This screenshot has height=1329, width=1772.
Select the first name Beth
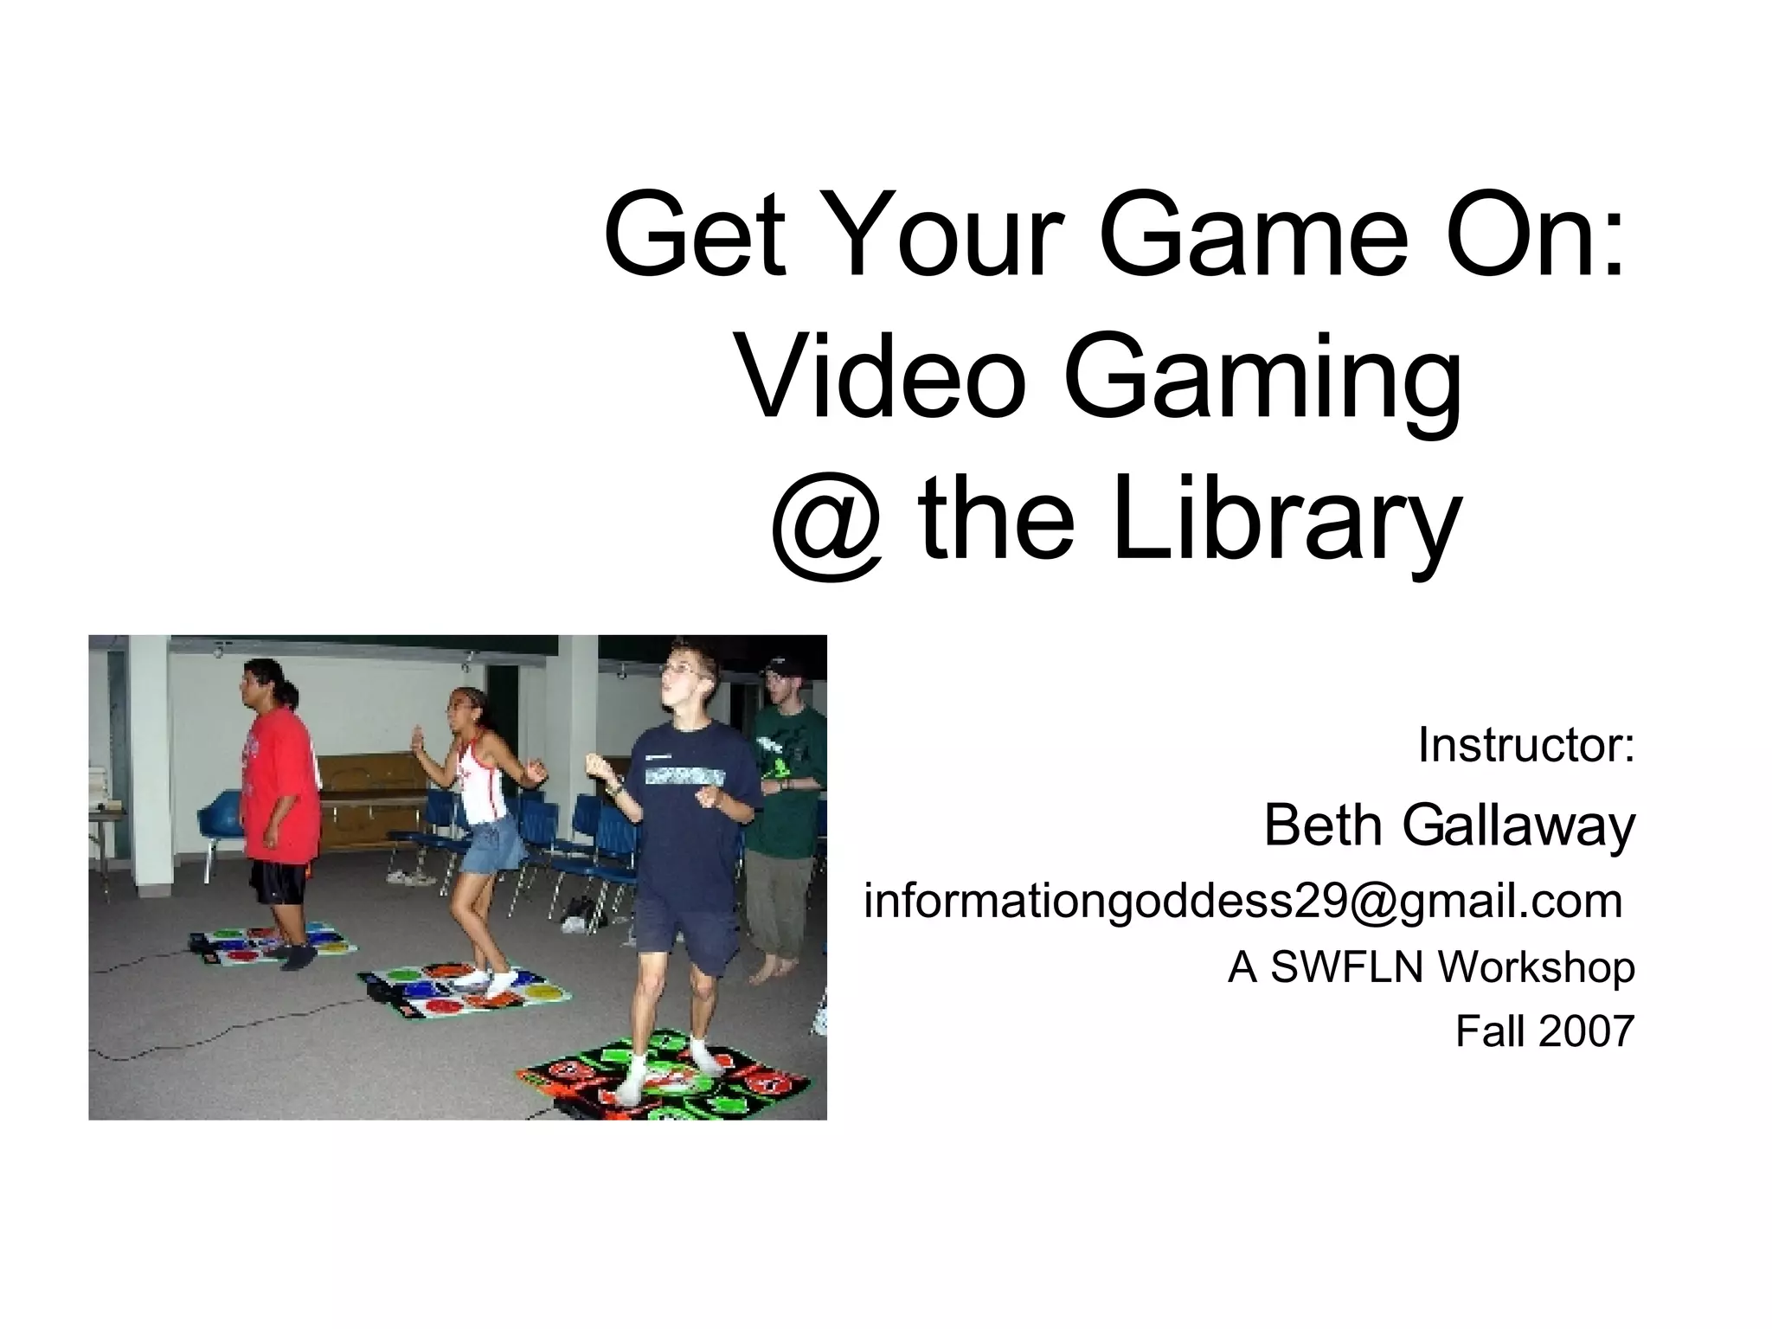1323,825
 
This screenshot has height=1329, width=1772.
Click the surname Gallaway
1518,827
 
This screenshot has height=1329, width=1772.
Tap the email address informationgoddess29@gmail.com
1242,902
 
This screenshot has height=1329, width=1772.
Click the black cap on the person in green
784,667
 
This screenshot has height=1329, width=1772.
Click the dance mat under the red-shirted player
273,945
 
